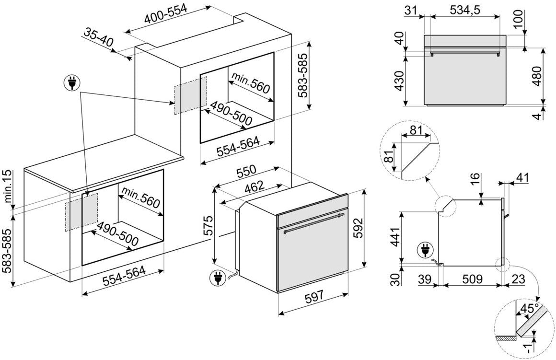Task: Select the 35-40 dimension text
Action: pos(98,38)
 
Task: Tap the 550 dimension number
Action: pos(246,172)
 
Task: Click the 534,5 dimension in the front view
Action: pos(465,9)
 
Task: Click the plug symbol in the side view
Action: pos(424,250)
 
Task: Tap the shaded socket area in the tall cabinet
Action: pos(190,94)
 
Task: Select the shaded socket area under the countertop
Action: pos(81,211)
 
